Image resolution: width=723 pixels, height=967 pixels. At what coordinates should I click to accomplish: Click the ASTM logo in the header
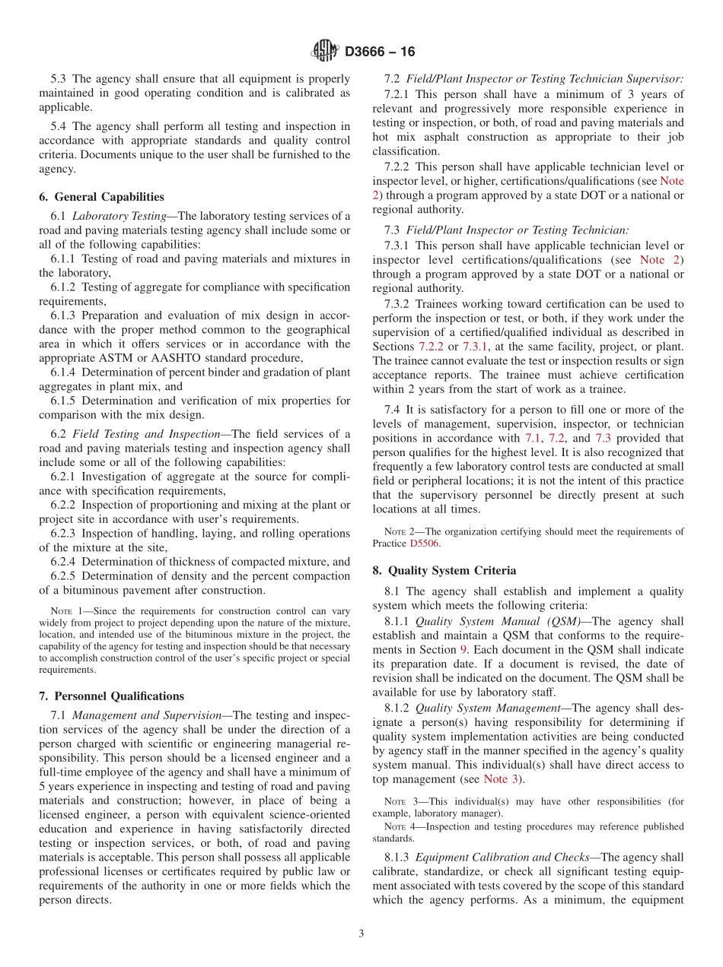325,51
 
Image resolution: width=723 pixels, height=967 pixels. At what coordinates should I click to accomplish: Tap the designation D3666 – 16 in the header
380,52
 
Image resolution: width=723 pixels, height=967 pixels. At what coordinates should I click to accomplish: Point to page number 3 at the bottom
361,934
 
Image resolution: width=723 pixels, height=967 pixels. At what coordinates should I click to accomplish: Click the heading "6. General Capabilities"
101,196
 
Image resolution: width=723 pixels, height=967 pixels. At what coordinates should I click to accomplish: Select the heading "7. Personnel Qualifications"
111,696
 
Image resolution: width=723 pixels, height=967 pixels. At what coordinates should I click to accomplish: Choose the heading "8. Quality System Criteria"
444,570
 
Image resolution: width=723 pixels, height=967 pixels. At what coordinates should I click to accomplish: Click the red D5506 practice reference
424,544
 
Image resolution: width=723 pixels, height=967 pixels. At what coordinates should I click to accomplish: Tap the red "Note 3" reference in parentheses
502,778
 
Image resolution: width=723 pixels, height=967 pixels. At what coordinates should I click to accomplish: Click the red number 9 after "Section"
463,649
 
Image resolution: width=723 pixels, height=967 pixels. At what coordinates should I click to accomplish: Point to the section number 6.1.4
64,372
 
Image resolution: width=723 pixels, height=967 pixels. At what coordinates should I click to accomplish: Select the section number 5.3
59,78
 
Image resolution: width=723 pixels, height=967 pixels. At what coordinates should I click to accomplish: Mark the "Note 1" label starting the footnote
66,611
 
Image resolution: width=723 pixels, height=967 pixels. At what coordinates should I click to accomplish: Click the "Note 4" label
400,826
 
